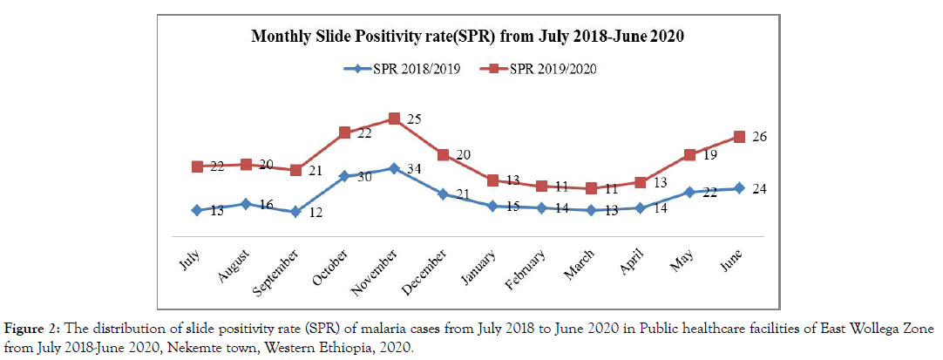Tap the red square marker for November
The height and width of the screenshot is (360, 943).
[x=394, y=119]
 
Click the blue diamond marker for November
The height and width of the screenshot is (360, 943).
[x=394, y=168]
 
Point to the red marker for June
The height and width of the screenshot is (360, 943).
[x=739, y=137]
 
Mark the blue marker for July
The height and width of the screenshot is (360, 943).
[x=198, y=210]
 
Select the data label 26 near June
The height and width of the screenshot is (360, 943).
[x=758, y=137]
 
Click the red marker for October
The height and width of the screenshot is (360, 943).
[x=345, y=132]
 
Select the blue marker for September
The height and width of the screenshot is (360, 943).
[x=296, y=212]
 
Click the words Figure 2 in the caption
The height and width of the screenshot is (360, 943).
[x=31, y=329]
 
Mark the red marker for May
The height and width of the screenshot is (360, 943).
[x=689, y=155]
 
